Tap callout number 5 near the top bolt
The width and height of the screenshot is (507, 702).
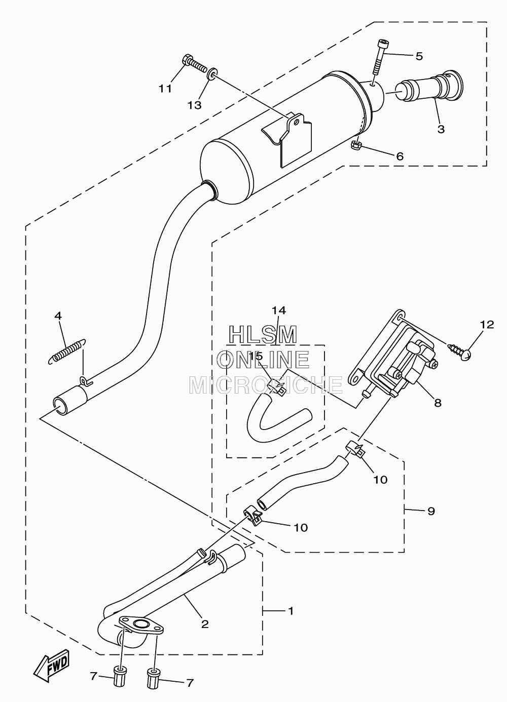pyautogui.click(x=419, y=56)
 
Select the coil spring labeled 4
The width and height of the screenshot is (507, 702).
pyautogui.click(x=67, y=352)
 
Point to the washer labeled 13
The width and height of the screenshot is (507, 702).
pyautogui.click(x=212, y=74)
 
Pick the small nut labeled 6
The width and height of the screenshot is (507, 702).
pyautogui.click(x=356, y=145)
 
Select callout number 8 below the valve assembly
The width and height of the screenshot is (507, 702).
pyautogui.click(x=438, y=403)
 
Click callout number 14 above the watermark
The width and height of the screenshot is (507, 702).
pyautogui.click(x=279, y=310)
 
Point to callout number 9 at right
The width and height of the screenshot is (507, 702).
pyautogui.click(x=431, y=511)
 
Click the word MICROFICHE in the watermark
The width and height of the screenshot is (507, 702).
pyautogui.click(x=266, y=385)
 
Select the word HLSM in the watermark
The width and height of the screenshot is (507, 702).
pyautogui.click(x=263, y=335)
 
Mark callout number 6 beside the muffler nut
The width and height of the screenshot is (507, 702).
pyautogui.click(x=400, y=156)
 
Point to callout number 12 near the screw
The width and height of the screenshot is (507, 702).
pyautogui.click(x=487, y=324)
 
